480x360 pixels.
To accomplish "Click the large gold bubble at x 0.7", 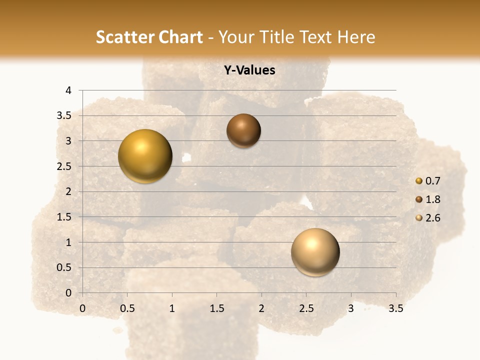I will (145, 156).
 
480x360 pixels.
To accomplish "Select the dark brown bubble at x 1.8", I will (243, 131).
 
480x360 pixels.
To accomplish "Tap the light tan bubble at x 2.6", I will (315, 252).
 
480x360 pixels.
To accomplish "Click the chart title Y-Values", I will (249, 70).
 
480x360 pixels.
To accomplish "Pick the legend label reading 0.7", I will (432, 181).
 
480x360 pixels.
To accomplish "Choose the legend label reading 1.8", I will (432, 199).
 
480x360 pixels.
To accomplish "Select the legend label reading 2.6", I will (432, 218).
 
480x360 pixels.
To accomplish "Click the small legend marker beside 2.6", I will (419, 218).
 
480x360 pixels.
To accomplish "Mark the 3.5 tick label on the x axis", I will (395, 309).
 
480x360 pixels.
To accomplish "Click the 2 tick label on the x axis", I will (261, 309).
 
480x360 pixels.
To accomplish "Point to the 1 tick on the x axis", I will (172, 309).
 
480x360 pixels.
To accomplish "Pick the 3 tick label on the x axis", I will (351, 309).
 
